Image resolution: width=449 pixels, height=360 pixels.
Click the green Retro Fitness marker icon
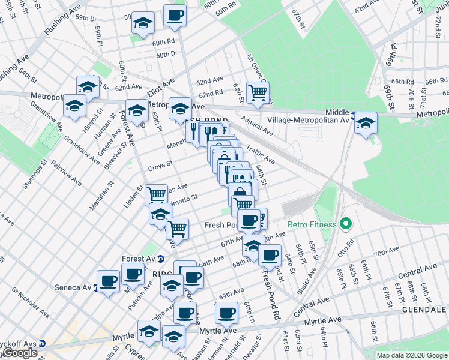pyautogui.click(x=345, y=225)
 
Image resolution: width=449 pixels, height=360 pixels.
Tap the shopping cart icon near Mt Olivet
pyautogui.click(x=258, y=93)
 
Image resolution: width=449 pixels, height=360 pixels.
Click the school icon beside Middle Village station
pyautogui.click(x=365, y=123)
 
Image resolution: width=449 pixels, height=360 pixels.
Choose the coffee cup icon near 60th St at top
pyautogui.click(x=175, y=16)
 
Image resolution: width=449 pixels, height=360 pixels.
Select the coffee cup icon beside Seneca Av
pyautogui.click(x=109, y=281)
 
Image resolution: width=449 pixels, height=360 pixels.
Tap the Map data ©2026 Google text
pyautogui.click(x=412, y=355)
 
